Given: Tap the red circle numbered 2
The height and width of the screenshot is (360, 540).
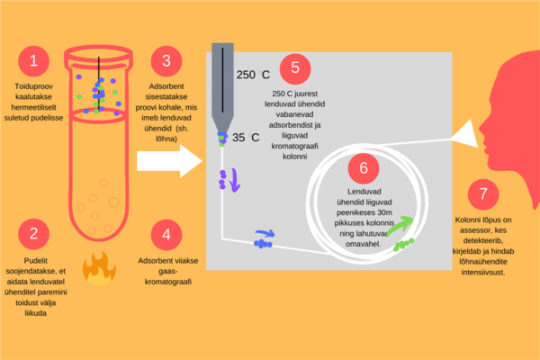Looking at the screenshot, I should pyautogui.click(x=33, y=235).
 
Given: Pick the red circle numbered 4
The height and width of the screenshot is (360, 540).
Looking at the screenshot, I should pyautogui.click(x=166, y=236).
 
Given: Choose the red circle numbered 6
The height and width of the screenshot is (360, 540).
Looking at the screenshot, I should pyautogui.click(x=363, y=167).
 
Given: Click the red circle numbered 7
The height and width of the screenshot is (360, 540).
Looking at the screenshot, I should pyautogui.click(x=484, y=195).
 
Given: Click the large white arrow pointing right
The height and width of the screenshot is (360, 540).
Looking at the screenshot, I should pyautogui.click(x=170, y=162).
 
